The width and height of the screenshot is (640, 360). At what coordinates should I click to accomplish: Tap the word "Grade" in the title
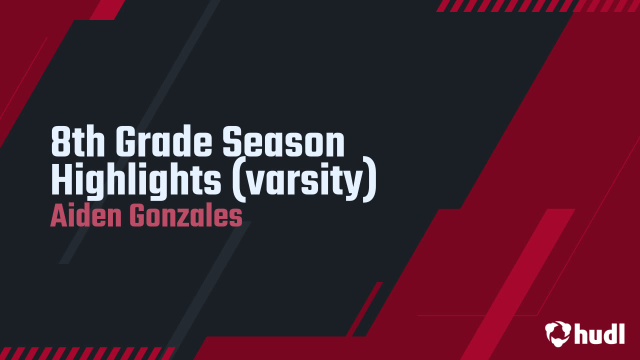164,143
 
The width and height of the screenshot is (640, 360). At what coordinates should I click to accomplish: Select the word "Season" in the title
283,143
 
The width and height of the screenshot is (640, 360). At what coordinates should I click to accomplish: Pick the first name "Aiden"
86,217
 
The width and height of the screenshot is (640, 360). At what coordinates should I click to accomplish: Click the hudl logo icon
557,333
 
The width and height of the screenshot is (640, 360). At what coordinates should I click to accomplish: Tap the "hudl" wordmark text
599,332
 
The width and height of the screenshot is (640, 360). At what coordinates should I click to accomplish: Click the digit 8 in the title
60,143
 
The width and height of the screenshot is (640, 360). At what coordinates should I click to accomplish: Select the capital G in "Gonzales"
137,217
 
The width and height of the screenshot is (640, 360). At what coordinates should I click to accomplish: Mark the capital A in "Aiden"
58,217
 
